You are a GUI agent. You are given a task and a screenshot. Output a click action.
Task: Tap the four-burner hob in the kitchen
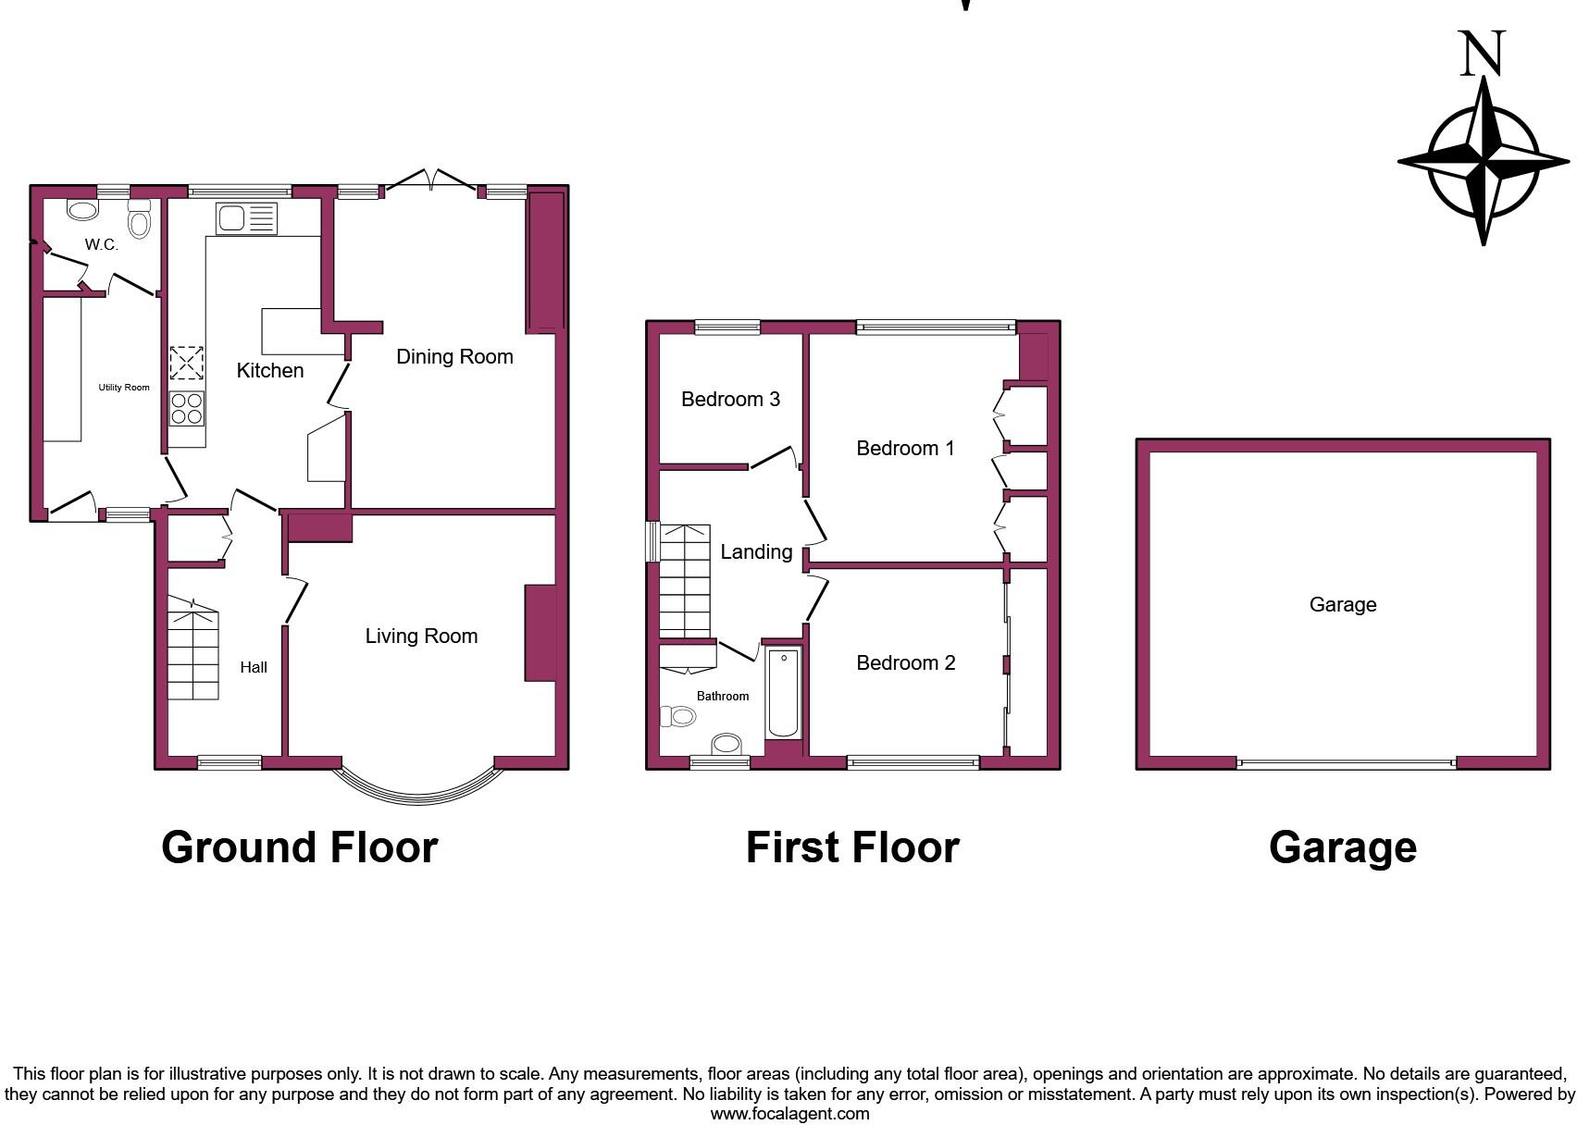tap(187, 409)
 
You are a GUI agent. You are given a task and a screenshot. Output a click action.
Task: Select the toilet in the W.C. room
tap(139, 220)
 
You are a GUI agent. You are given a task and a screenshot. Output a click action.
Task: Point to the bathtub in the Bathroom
tap(783, 693)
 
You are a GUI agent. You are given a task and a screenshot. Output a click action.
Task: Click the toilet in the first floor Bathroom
tap(679, 716)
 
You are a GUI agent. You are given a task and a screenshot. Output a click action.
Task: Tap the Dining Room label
tap(454, 357)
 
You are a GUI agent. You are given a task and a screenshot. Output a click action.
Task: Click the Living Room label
tap(421, 637)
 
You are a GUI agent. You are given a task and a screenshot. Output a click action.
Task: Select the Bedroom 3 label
tap(730, 400)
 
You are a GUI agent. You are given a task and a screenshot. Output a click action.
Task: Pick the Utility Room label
tap(124, 388)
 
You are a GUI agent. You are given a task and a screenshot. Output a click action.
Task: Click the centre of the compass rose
tap(1484, 161)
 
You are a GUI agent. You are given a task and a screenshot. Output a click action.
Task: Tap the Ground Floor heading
tap(299, 847)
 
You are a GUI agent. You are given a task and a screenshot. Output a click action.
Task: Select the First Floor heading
tap(852, 847)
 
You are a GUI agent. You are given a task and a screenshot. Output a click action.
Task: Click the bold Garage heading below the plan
tap(1342, 847)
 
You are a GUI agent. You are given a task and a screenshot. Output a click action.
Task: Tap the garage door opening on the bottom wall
tap(1347, 764)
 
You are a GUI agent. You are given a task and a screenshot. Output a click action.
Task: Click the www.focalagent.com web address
tap(789, 1114)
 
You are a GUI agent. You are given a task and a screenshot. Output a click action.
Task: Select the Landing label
tap(756, 552)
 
